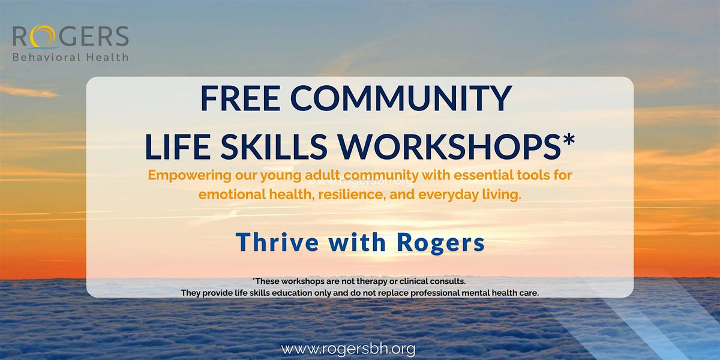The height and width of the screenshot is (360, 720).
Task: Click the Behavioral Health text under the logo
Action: pos(70,58)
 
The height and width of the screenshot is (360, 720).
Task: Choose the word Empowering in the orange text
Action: pos(183,177)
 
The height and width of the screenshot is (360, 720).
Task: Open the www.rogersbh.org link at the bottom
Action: pos(348,349)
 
